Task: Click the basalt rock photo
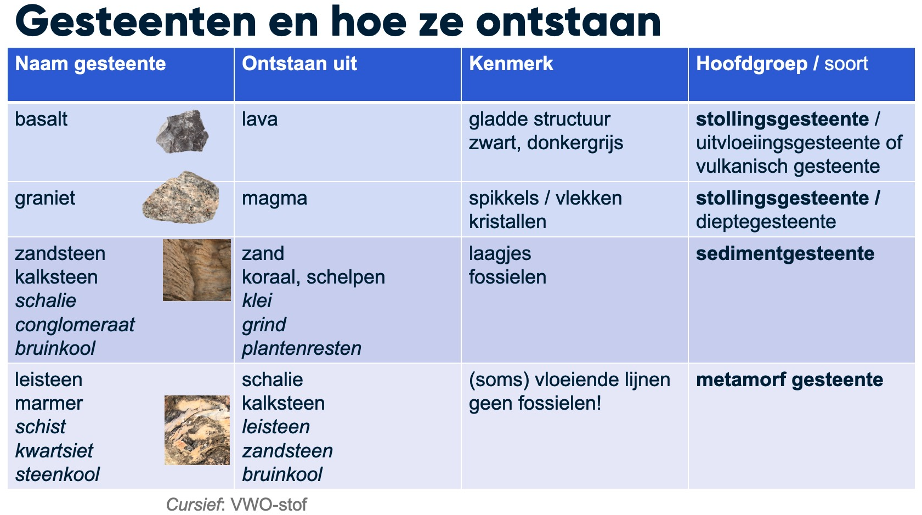pos(182,132)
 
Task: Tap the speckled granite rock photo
pos(181,197)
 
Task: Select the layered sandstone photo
pos(196,270)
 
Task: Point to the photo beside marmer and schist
pos(197,430)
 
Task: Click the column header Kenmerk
pos(511,64)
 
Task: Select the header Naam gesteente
pos(90,64)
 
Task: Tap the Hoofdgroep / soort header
pos(782,64)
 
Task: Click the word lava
pos(259,120)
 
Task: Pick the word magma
pos(274,199)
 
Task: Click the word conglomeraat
pos(75,325)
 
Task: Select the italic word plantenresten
pos(302,348)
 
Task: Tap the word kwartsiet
pos(54,451)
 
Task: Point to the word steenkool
pos(58,474)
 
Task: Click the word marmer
pos(49,404)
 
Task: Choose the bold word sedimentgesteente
pos(785,254)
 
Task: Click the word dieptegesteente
pos(766,222)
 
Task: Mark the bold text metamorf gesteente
pos(789,380)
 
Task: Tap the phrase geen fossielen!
pos(535,404)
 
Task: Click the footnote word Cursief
pos(194,505)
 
